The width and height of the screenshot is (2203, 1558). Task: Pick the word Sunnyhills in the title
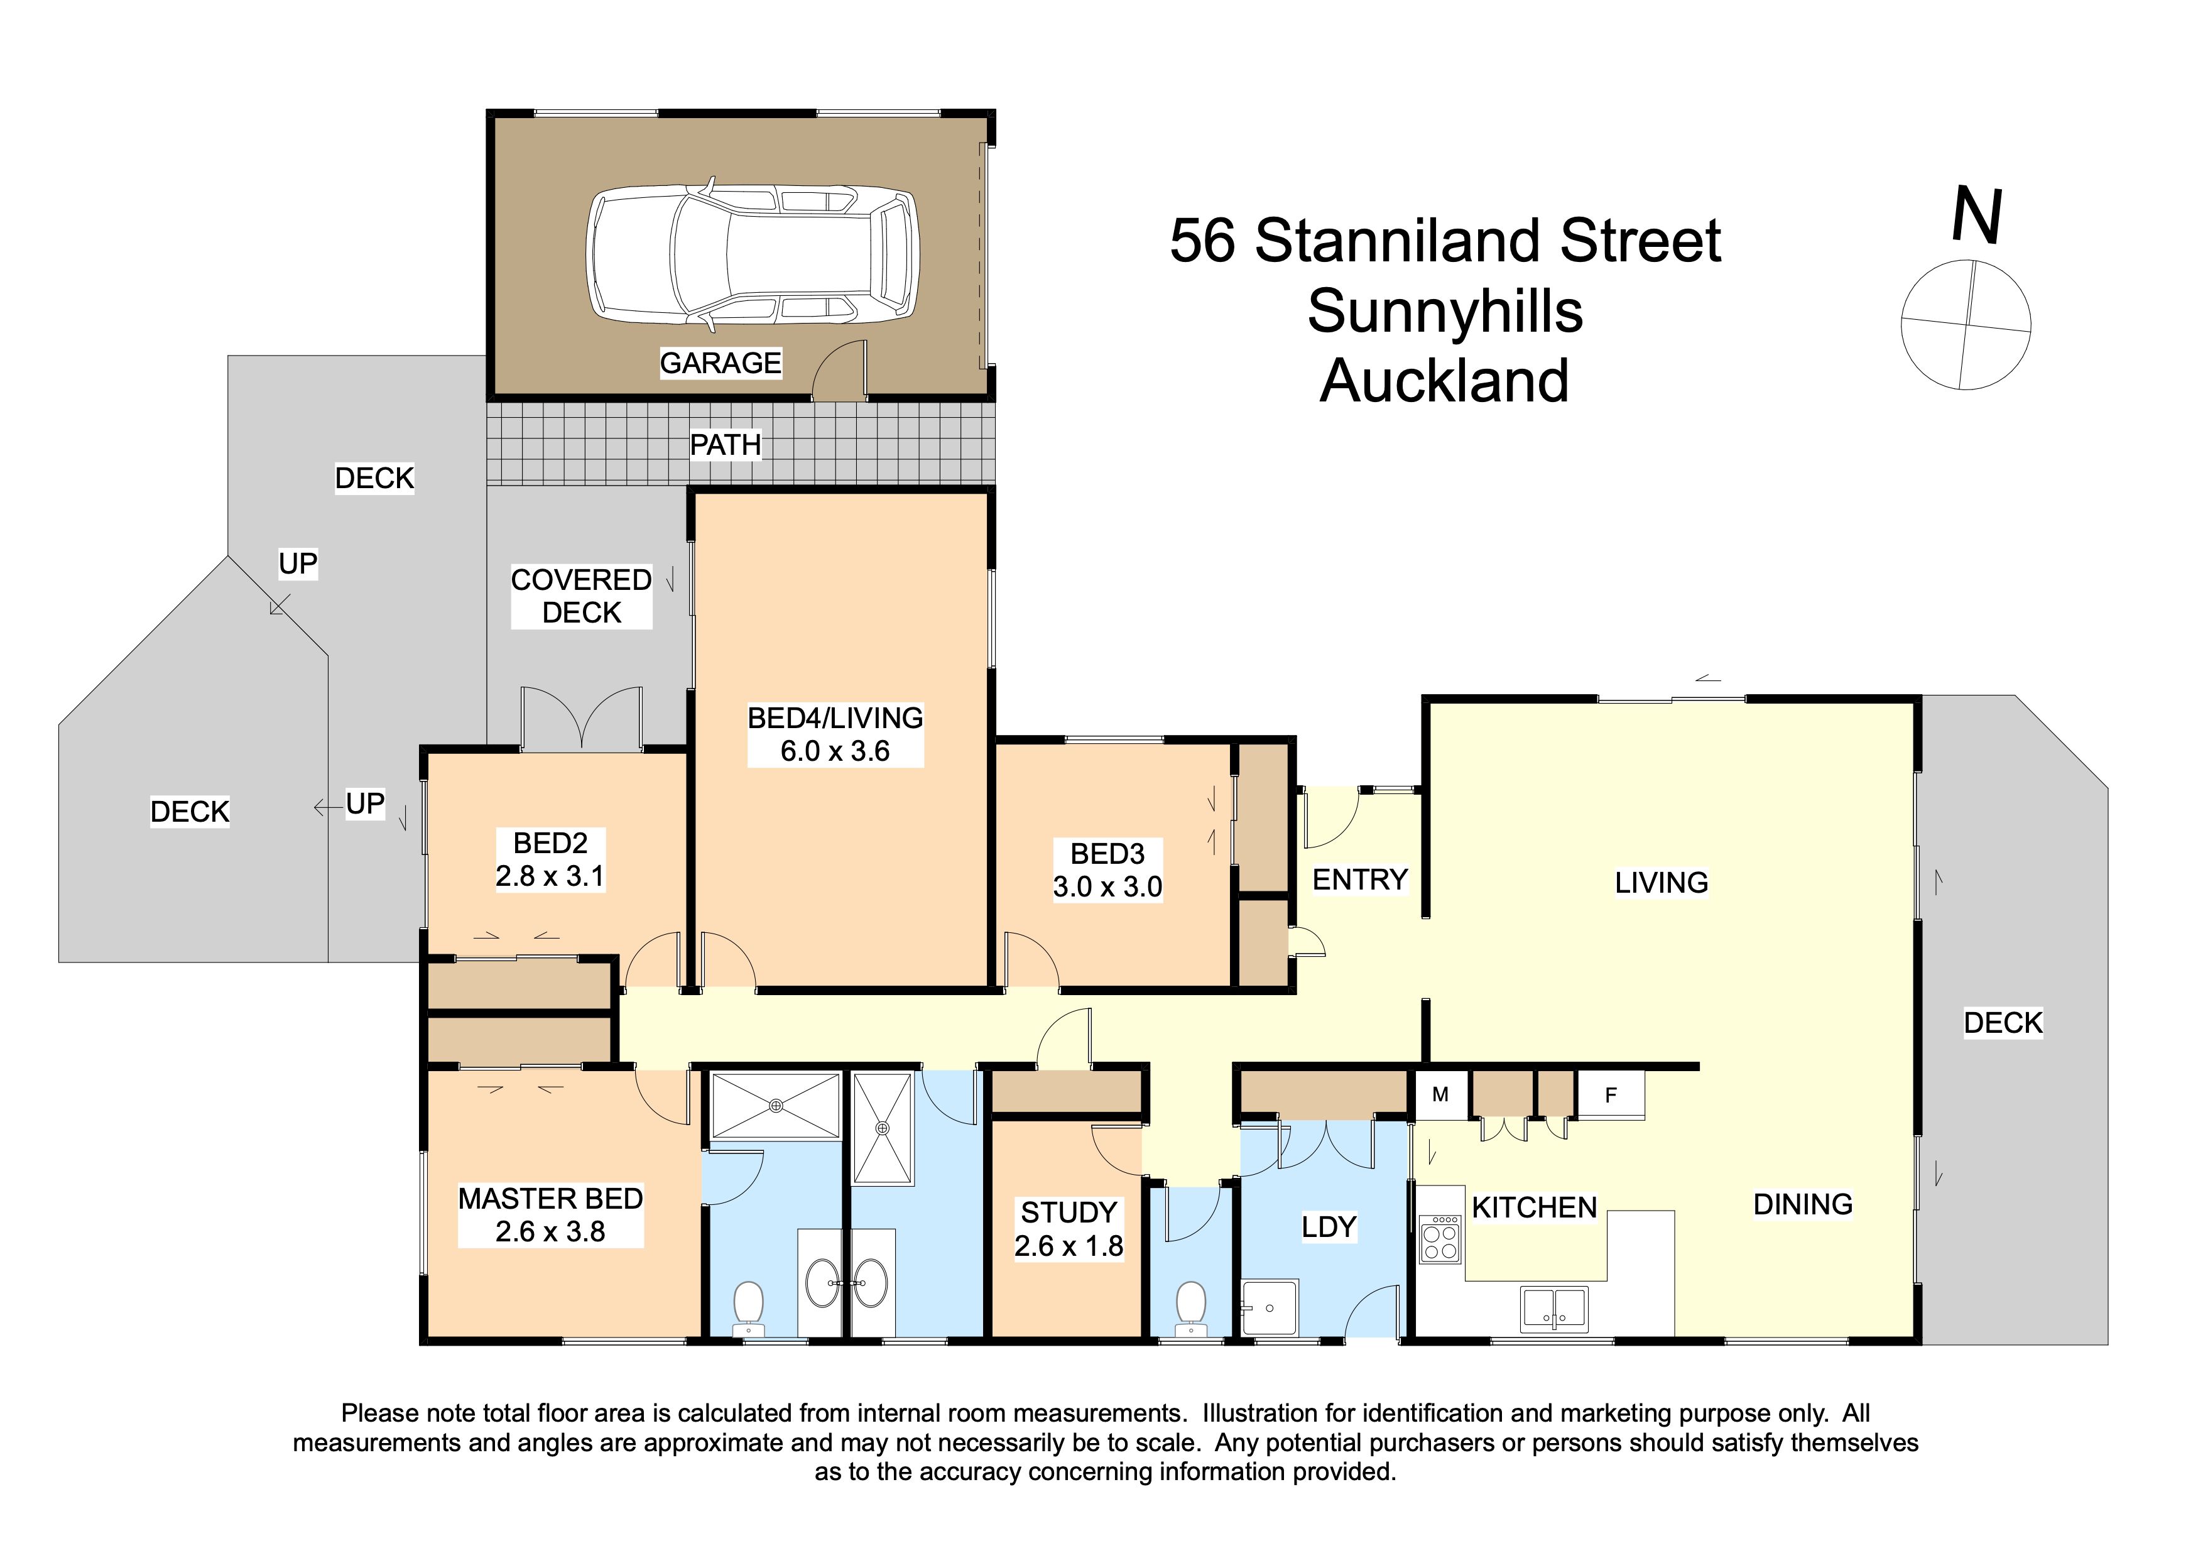click(x=1445, y=311)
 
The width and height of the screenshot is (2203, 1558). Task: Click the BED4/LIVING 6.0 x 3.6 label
click(x=835, y=734)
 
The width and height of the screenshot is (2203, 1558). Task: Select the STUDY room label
click(x=1069, y=1212)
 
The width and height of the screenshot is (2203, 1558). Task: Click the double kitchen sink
click(x=1554, y=1309)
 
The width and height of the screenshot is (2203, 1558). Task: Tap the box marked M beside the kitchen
click(x=1440, y=1094)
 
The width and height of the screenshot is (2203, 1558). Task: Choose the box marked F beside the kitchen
click(x=1611, y=1094)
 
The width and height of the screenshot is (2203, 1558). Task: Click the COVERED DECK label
click(x=582, y=596)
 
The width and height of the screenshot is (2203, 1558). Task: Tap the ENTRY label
click(x=1359, y=879)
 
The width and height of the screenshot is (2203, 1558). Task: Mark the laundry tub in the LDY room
click(x=1270, y=1307)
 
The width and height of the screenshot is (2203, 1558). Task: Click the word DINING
click(x=1803, y=1204)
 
